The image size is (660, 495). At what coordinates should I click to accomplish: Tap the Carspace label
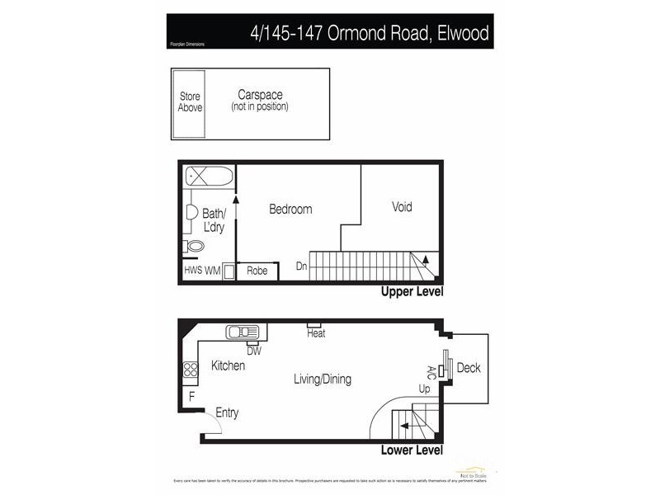pyautogui.click(x=260, y=95)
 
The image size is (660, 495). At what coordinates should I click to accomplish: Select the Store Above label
pyautogui.click(x=190, y=101)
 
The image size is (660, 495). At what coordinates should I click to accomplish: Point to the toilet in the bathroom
pyautogui.click(x=196, y=246)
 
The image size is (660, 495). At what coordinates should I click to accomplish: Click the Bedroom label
pyautogui.click(x=290, y=210)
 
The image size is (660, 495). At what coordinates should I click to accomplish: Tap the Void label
pyautogui.click(x=402, y=207)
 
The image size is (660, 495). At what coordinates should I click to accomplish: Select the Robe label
pyautogui.click(x=257, y=271)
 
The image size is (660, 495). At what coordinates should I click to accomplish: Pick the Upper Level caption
pyautogui.click(x=412, y=292)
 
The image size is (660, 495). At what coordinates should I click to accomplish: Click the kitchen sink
pyautogui.click(x=243, y=332)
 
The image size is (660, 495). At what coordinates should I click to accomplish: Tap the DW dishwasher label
pyautogui.click(x=253, y=351)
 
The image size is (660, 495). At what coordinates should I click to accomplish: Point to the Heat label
pyautogui.click(x=316, y=333)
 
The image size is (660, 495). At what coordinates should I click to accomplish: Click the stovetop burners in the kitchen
pyautogui.click(x=191, y=370)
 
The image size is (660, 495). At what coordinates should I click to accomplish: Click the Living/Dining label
pyautogui.click(x=323, y=379)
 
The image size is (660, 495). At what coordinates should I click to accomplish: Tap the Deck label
pyautogui.click(x=469, y=368)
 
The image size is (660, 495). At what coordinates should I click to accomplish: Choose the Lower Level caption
pyautogui.click(x=412, y=450)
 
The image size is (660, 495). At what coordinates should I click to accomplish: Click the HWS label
pyautogui.click(x=193, y=271)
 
